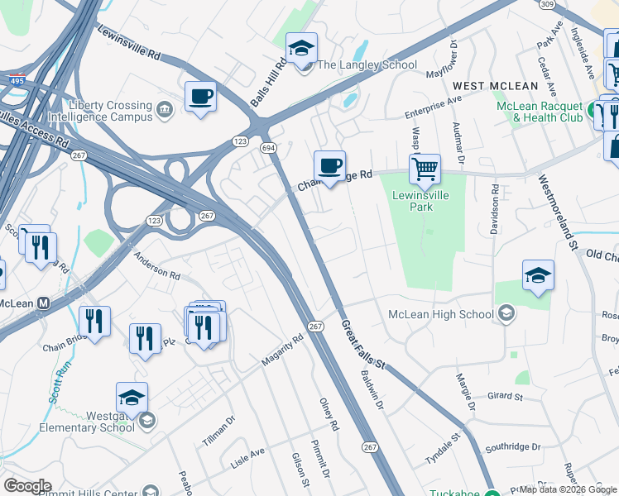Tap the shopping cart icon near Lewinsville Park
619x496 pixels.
tap(425, 169)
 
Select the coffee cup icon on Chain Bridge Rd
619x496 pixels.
tap(329, 166)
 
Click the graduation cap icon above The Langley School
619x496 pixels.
tap(302, 48)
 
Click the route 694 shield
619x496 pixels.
tap(267, 146)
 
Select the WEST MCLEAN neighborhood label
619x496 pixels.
tap(495, 86)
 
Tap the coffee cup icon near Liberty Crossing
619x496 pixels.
tap(200, 97)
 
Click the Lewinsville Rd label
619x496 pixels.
tap(128, 41)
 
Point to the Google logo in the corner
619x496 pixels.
tap(27, 486)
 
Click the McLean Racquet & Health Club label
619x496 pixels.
tap(540, 112)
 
